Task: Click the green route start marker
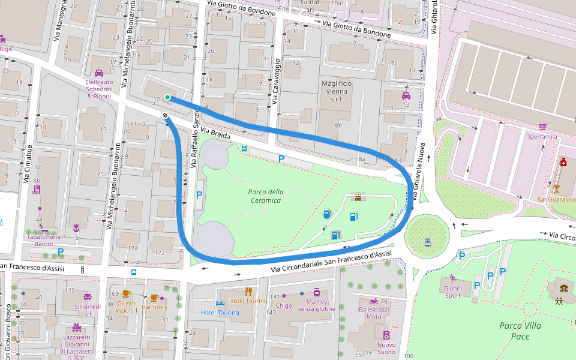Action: tap(167, 97)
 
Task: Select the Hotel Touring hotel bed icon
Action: tap(220, 304)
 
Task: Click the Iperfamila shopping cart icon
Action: tap(542, 127)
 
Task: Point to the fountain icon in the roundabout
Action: tap(427, 242)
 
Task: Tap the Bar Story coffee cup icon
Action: tap(154, 298)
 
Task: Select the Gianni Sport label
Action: tap(452, 292)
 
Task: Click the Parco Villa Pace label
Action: tap(520, 331)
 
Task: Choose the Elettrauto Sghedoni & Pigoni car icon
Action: tap(99, 73)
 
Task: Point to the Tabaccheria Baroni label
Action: tap(43, 240)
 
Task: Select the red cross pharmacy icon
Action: tap(563, 163)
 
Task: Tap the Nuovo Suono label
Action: tap(386, 348)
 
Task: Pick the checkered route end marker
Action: tap(164, 115)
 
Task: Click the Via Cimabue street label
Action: tap(26, 163)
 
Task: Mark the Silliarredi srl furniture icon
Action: tap(87, 297)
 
